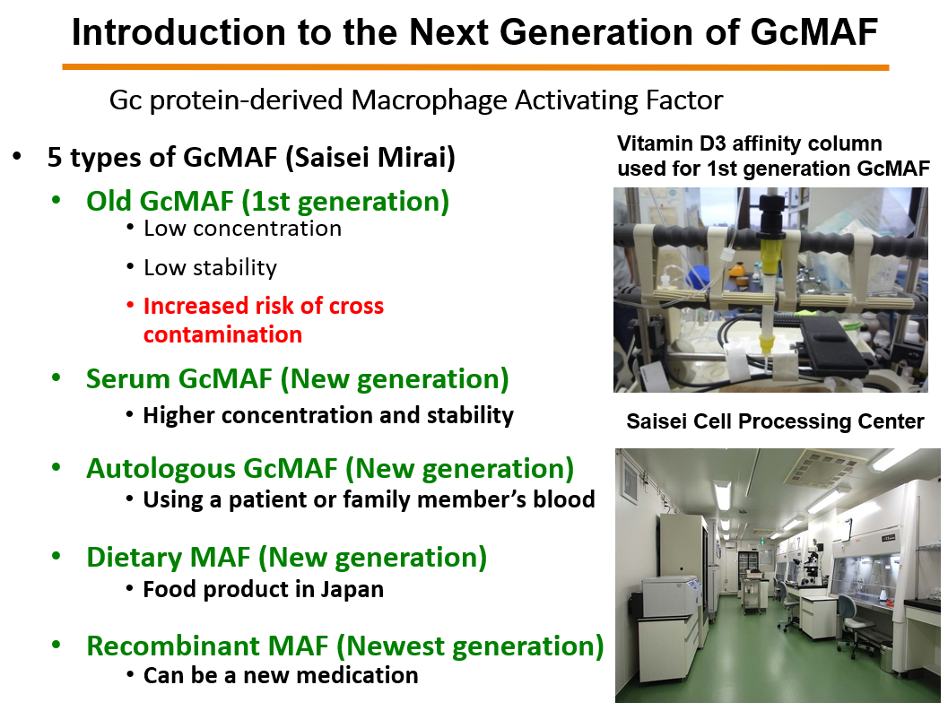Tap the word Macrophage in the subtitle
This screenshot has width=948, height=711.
tap(419, 100)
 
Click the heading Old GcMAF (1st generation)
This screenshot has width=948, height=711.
tap(267, 201)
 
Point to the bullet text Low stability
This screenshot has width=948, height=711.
tap(210, 267)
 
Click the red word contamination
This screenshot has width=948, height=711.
tap(222, 334)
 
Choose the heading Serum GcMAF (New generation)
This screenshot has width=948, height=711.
tap(297, 379)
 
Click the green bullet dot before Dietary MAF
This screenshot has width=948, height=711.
tap(57, 557)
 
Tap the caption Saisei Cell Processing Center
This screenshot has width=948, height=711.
tap(775, 421)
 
